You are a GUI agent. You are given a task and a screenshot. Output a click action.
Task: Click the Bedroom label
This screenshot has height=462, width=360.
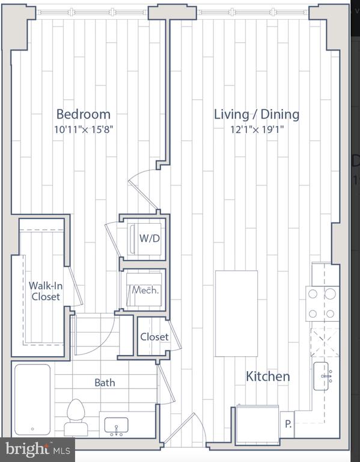[84, 114]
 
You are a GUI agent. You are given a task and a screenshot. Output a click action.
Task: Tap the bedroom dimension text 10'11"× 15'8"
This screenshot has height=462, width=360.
[84, 129]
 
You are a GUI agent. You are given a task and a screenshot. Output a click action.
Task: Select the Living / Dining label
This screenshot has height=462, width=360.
[257, 115]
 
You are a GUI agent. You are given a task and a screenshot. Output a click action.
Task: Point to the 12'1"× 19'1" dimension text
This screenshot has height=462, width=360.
[257, 129]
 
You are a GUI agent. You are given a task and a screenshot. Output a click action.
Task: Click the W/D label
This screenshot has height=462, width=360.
[150, 238]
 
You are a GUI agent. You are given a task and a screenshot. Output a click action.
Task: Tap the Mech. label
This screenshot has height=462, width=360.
[145, 290]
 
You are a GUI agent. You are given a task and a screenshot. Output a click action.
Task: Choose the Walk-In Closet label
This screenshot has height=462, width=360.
[46, 291]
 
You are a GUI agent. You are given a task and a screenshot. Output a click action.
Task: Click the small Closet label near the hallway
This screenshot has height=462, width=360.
[154, 337]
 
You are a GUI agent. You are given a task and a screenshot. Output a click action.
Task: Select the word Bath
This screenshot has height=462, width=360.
[105, 383]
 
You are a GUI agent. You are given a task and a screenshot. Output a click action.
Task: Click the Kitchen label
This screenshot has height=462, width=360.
[268, 376]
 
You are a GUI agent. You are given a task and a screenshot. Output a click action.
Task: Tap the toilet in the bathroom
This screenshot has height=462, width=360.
[76, 417]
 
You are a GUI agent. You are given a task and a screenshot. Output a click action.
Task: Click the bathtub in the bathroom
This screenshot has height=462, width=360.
[32, 399]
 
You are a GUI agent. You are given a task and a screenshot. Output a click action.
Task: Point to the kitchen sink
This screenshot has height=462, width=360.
[321, 376]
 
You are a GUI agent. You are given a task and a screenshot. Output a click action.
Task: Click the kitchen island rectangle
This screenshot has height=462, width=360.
[236, 313]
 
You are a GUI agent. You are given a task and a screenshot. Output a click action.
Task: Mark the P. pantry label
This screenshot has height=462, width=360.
[288, 424]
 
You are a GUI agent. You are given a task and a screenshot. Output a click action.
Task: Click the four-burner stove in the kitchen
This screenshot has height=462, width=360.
[323, 304]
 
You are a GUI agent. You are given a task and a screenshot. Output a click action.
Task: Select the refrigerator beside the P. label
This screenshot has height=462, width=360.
[258, 423]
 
